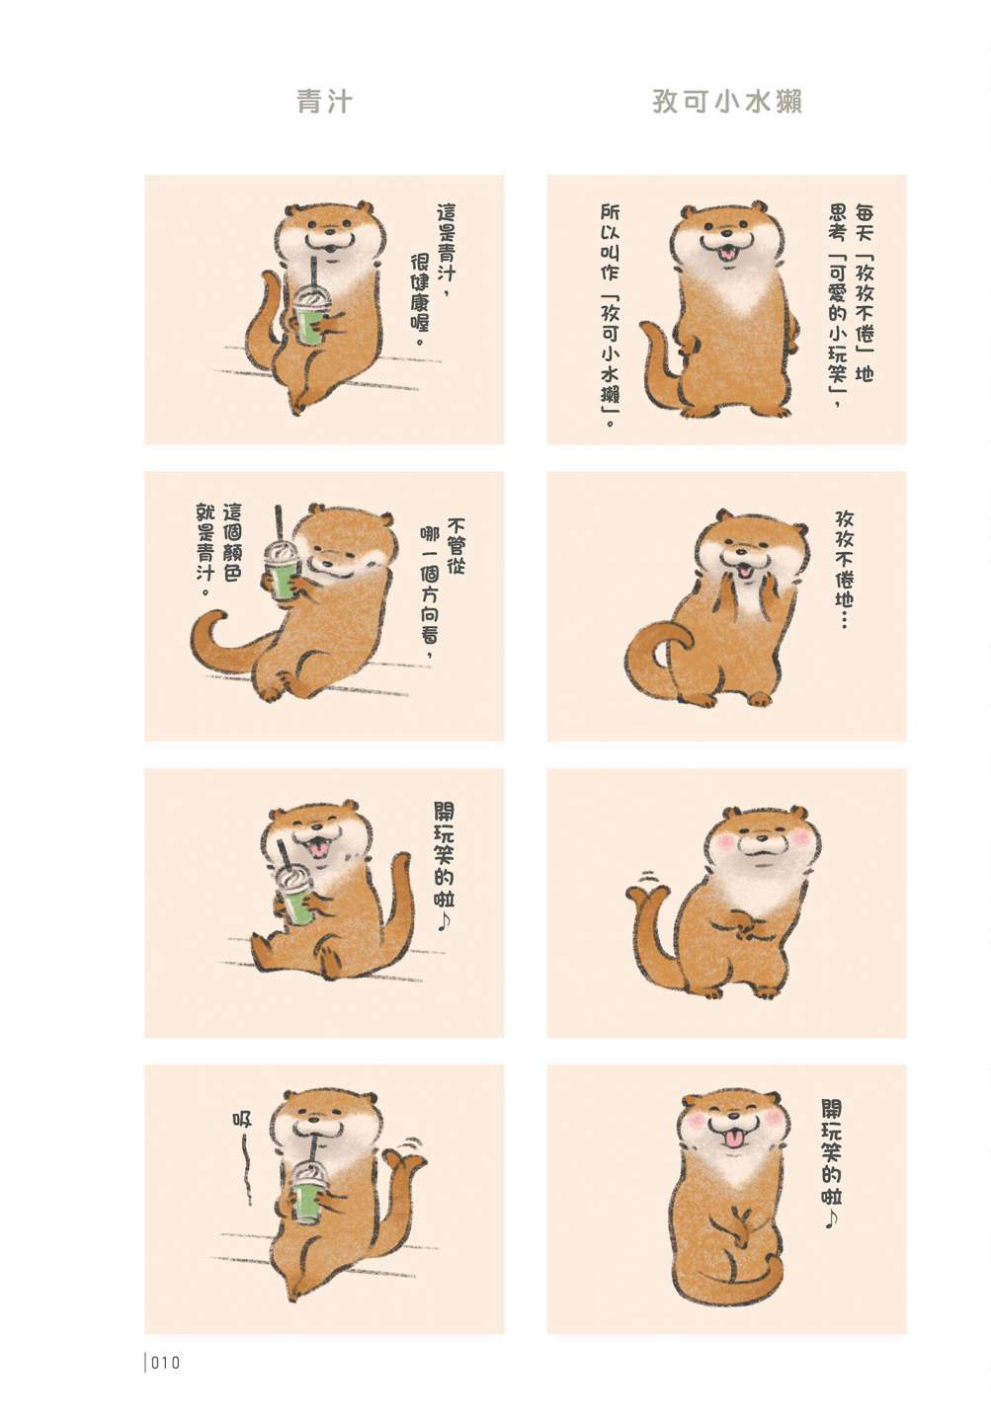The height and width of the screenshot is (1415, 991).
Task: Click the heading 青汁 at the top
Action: (x=324, y=101)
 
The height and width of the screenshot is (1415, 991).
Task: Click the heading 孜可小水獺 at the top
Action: (x=727, y=101)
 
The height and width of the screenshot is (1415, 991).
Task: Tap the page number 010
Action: (x=166, y=1364)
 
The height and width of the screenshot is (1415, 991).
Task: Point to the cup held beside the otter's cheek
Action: (x=282, y=569)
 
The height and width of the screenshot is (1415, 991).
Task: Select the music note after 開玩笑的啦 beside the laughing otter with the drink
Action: (x=444, y=920)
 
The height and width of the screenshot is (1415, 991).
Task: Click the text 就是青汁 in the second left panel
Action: (x=205, y=550)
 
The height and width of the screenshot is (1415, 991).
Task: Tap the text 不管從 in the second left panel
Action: (x=455, y=546)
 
